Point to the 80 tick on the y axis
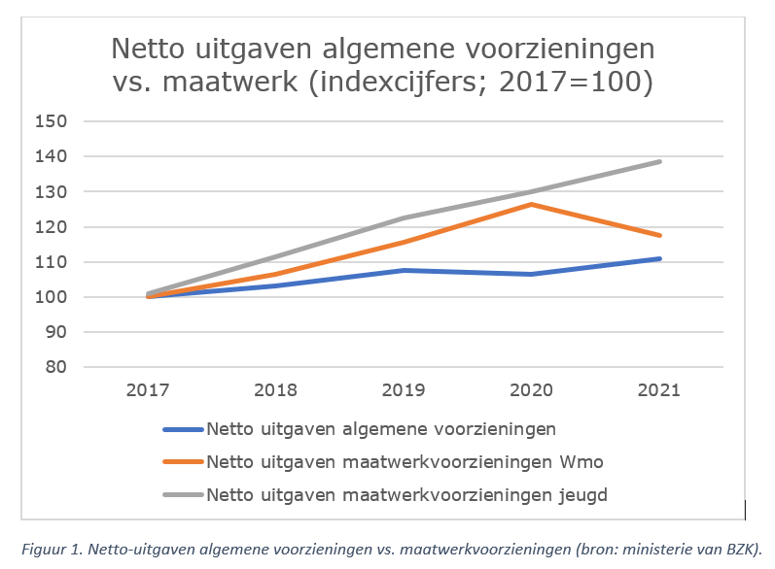coord(53,367)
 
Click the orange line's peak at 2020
coord(532,204)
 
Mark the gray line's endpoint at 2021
coord(660,161)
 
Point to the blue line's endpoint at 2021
coord(660,258)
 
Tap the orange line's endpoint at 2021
coord(660,235)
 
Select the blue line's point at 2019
coord(404,270)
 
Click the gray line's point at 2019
coord(404,218)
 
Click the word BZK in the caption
coord(739,547)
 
